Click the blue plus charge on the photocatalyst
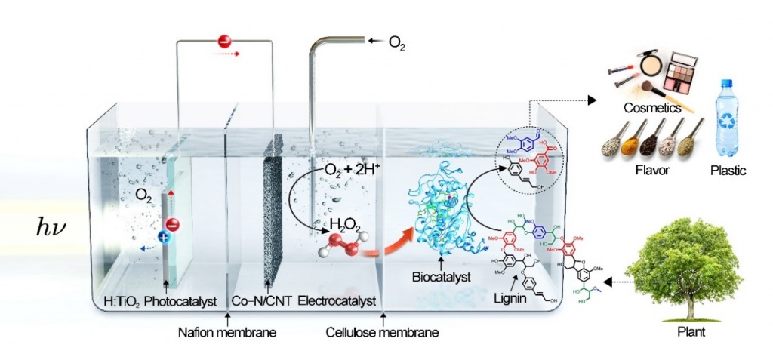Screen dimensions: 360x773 (x=163, y=237)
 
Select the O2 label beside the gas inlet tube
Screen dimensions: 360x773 (x=397, y=45)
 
